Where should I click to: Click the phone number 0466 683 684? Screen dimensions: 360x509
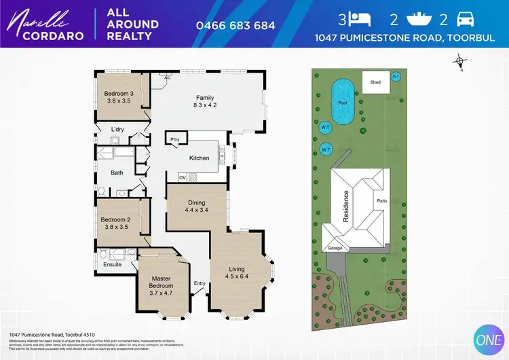(x=235, y=26)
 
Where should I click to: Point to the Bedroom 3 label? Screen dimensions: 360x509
(x=118, y=94)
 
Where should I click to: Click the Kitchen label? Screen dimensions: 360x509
(x=199, y=158)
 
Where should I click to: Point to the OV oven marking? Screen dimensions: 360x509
(x=182, y=177)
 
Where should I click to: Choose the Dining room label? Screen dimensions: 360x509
(x=196, y=202)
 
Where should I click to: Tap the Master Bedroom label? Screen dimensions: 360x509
(x=162, y=282)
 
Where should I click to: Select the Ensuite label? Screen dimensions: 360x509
(x=112, y=264)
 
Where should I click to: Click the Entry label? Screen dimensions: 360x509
(x=200, y=283)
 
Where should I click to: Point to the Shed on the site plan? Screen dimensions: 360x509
(x=375, y=82)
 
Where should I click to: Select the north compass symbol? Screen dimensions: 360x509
(x=460, y=63)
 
